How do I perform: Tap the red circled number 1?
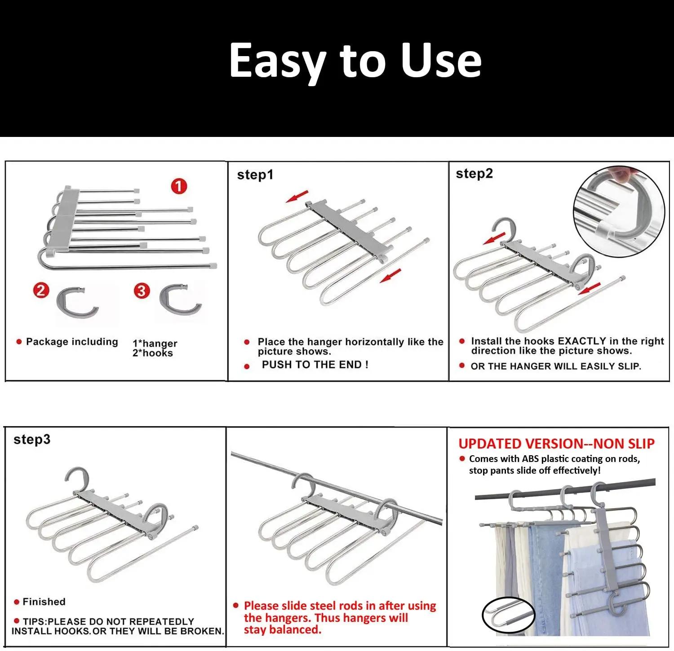point(179,186)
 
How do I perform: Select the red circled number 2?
point(41,290)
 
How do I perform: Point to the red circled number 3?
point(142,291)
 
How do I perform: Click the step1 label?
point(255,175)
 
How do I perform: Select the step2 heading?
point(474,173)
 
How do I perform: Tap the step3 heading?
point(32,439)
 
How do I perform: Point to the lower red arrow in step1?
point(390,276)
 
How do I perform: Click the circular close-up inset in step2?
point(619,211)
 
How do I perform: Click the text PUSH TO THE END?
point(315,365)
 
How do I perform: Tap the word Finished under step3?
point(44,602)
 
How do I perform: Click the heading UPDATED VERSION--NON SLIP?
point(556,444)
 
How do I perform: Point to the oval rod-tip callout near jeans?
point(508,615)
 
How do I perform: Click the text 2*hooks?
point(153,353)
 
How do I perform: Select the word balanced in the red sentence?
point(294,630)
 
